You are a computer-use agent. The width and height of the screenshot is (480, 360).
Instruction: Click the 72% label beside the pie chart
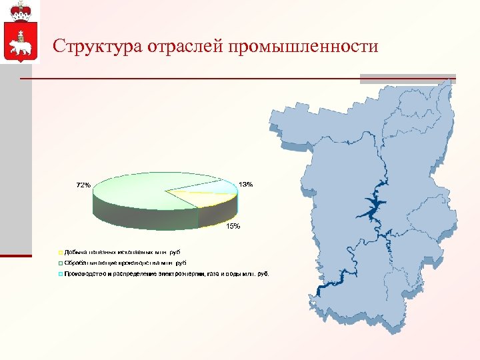[83, 185]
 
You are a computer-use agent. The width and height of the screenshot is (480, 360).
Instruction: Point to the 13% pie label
[245, 184]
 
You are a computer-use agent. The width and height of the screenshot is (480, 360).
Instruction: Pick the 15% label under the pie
[233, 227]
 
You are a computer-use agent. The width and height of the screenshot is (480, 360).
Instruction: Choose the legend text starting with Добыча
[123, 253]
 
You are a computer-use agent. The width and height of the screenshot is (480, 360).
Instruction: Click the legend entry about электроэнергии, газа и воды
[167, 273]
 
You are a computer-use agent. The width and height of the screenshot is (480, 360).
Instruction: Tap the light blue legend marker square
[59, 273]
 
